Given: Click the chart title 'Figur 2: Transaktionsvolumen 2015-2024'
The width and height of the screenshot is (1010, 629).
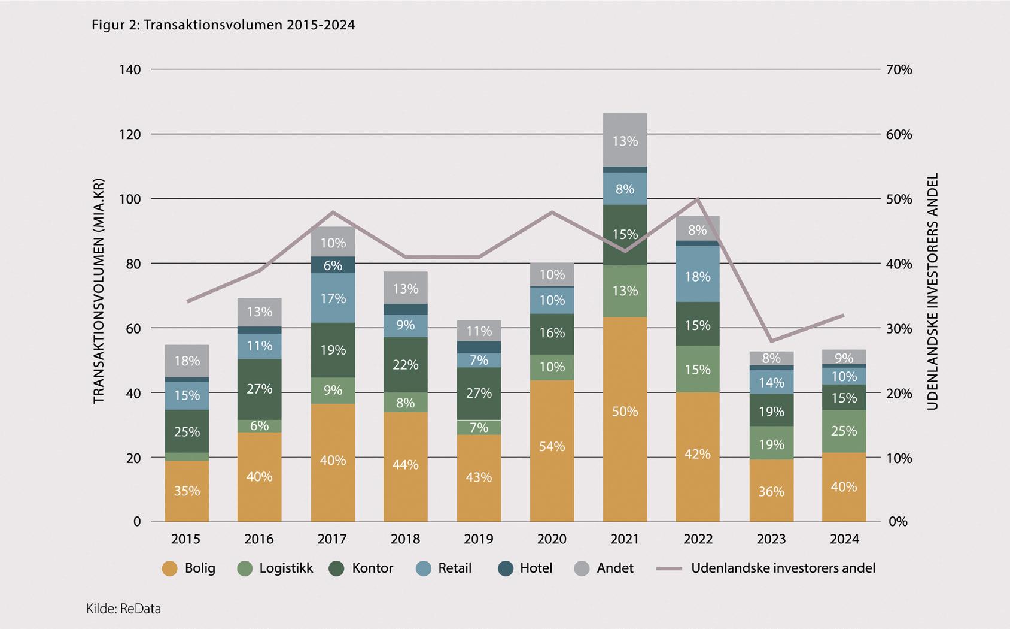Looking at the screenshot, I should pyautogui.click(x=223, y=25).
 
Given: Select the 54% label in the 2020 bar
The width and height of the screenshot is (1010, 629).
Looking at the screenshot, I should pyautogui.click(x=552, y=447).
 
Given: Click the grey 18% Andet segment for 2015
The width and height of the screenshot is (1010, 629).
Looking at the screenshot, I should pyautogui.click(x=187, y=361).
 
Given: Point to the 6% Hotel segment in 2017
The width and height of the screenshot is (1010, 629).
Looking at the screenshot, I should pyautogui.click(x=333, y=265).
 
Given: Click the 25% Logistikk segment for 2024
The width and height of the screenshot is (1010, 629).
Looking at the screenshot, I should pyautogui.click(x=844, y=431).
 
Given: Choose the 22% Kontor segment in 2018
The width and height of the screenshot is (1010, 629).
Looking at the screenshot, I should pyautogui.click(x=406, y=365).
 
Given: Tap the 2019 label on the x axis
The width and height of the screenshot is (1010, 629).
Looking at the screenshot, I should pyautogui.click(x=479, y=539).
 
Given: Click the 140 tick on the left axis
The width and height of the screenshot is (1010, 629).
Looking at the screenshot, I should pyautogui.click(x=130, y=69).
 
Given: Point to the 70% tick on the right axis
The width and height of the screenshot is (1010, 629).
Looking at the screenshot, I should pyautogui.click(x=899, y=69).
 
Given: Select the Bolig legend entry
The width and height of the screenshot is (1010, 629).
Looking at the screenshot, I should pyautogui.click(x=188, y=568).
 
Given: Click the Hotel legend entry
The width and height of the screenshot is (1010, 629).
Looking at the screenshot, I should pyautogui.click(x=525, y=568).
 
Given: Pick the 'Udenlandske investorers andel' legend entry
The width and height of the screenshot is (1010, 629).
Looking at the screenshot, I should pyautogui.click(x=766, y=568).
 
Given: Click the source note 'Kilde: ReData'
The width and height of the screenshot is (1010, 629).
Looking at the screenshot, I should pyautogui.click(x=124, y=609).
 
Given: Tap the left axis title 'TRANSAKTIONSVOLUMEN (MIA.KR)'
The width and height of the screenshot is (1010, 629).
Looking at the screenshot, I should pyautogui.click(x=99, y=291).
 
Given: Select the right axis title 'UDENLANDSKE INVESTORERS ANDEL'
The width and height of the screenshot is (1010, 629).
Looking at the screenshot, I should pyautogui.click(x=932, y=291).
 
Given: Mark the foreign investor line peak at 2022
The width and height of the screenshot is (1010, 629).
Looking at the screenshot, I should pyautogui.click(x=697, y=199).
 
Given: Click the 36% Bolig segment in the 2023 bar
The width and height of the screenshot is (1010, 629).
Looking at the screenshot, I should pyautogui.click(x=771, y=491).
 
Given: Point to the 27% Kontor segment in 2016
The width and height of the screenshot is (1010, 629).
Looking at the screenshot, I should pyautogui.click(x=260, y=389).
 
